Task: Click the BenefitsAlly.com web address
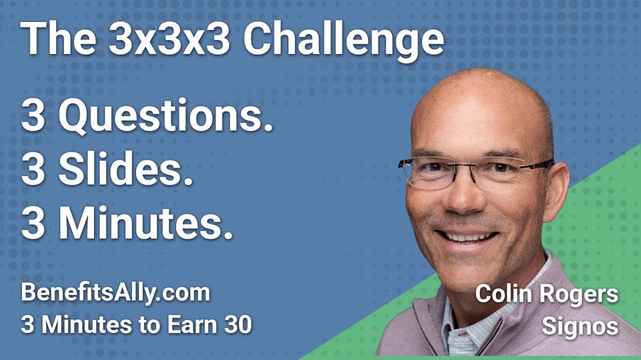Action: point(115,294)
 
